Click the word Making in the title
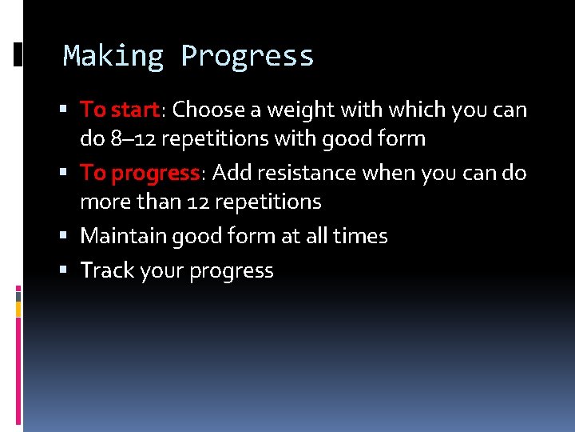click(113, 56)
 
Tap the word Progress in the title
click(248, 56)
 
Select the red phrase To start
click(119, 109)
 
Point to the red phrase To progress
click(139, 173)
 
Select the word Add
click(232, 173)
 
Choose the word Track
click(107, 271)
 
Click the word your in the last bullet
click(162, 271)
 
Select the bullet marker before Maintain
click(71, 237)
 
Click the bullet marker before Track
click(71, 271)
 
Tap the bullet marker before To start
click(71, 109)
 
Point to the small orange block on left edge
click(18, 306)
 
